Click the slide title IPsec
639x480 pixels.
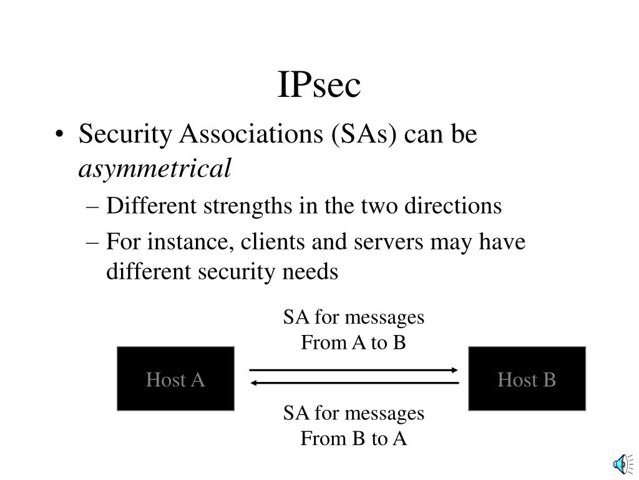tap(319, 86)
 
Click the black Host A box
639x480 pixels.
tap(175, 379)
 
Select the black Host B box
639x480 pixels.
tap(527, 379)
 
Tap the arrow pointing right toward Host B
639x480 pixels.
tap(354, 370)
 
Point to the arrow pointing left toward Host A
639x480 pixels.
tap(354, 383)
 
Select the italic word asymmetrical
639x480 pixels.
tap(155, 167)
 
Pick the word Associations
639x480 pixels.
tap(244, 134)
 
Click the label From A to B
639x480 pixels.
tap(354, 342)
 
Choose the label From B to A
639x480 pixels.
tap(354, 439)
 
